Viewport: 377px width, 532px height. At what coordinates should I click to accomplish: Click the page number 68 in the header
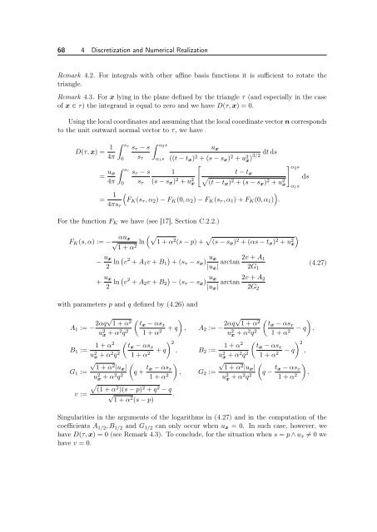[25, 18]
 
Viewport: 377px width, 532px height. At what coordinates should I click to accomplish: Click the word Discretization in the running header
[87, 18]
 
